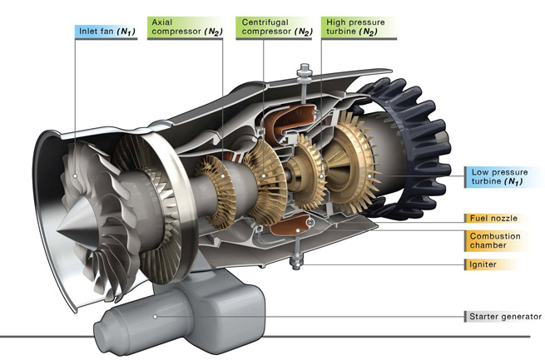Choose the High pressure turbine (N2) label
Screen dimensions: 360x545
coord(359,27)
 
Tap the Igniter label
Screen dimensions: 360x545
coord(483,264)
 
